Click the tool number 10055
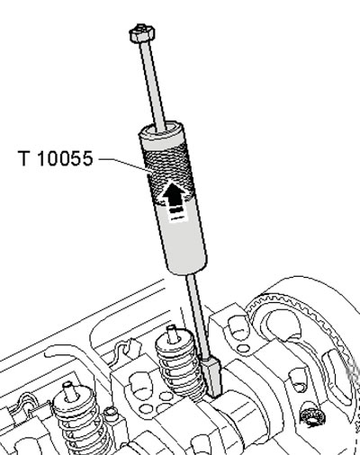[66, 158]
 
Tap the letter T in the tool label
[24, 158]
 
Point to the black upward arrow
[174, 194]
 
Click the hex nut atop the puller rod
[142, 33]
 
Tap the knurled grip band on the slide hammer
[169, 171]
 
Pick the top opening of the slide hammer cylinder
[161, 129]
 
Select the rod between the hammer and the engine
[198, 317]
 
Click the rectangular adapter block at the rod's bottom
[212, 376]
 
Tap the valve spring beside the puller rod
[178, 366]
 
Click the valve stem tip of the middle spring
[172, 334]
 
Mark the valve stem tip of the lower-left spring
[69, 391]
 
